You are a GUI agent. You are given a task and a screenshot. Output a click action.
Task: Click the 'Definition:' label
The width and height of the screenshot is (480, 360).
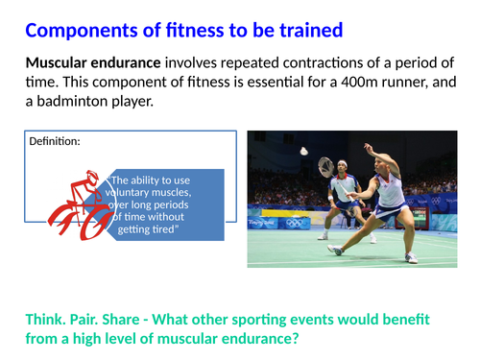point(55,141)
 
